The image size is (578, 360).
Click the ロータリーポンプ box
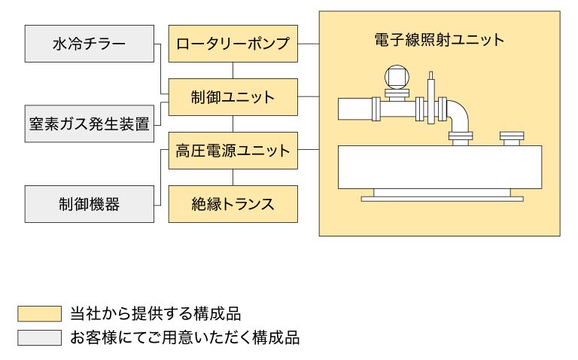click(233, 44)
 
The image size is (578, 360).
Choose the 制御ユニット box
click(233, 97)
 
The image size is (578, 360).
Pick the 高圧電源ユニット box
click(233, 151)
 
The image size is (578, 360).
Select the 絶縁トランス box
click(233, 204)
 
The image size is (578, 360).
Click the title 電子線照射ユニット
click(440, 39)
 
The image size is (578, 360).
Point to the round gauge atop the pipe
click(396, 76)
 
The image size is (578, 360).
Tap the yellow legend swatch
click(38, 313)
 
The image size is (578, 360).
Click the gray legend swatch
click(38, 337)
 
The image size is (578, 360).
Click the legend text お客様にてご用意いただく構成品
click(184, 337)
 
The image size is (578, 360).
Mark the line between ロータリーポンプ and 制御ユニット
click(233, 70)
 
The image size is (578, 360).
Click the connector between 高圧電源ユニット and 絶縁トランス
click(233, 177)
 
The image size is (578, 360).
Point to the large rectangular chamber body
click(440, 167)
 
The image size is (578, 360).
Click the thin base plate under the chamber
click(440, 199)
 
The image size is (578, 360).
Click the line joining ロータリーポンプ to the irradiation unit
click(308, 44)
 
